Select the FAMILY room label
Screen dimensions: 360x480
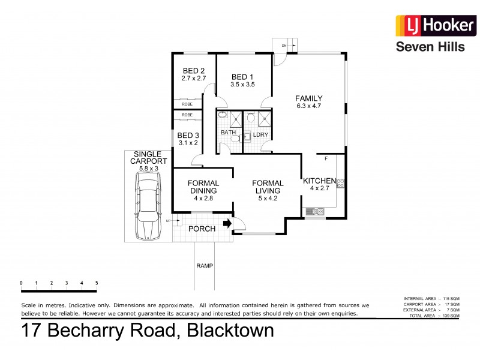coord(309,98)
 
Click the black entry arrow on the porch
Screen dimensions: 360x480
coord(227,224)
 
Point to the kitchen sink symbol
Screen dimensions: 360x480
coord(314,211)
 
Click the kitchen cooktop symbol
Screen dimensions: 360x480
coord(341,181)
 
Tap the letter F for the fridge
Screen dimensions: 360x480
coord(326,159)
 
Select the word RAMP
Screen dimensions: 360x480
coord(205,265)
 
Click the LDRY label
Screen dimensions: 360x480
coord(260,135)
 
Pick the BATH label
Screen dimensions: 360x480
coord(228,132)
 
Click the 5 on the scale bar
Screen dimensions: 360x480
coord(96,283)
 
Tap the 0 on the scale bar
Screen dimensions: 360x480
coord(21,283)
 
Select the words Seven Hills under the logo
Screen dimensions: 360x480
coord(430,47)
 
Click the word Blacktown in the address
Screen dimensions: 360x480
coord(231,331)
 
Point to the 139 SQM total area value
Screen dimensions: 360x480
coord(450,316)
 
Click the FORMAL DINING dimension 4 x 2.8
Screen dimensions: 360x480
coord(203,198)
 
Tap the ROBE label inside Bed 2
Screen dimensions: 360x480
coord(187,104)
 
